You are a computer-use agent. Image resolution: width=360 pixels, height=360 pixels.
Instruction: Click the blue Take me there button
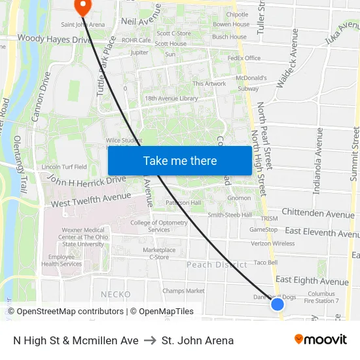pos(179,161)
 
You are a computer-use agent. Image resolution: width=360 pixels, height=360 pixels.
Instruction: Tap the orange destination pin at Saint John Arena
pos(83,7)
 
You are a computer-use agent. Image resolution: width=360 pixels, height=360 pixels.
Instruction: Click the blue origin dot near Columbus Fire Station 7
pos(278,304)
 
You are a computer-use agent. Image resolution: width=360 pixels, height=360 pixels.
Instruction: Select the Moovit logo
pos(320,340)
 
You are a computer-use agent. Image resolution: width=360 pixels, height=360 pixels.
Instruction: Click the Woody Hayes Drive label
pos(54,39)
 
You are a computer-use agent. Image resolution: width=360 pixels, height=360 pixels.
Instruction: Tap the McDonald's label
pos(251,78)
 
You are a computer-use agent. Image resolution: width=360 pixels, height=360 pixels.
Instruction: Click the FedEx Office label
pos(243,58)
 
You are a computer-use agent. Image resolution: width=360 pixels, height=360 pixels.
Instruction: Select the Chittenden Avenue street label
pos(317,213)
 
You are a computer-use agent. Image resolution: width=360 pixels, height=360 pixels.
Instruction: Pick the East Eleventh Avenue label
pos(319,231)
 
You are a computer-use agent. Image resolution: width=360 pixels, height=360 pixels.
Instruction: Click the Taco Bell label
pos(266,262)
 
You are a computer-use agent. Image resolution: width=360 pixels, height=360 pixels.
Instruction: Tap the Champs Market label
pos(183,291)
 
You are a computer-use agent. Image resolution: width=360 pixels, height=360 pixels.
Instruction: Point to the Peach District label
pos(217,264)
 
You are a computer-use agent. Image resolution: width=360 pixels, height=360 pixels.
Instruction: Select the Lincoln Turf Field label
pos(64,167)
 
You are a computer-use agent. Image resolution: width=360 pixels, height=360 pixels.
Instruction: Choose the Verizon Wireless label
pos(273,243)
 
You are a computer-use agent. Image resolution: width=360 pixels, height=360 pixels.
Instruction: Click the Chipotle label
pos(237,14)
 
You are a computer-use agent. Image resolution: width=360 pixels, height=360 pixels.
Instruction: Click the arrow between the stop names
pos(150,340)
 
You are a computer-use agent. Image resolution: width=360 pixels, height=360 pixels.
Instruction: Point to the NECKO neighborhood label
pos(116,295)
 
